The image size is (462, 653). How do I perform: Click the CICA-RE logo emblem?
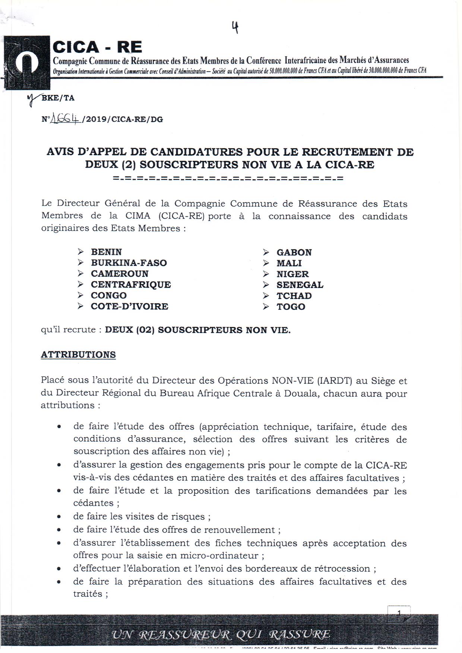point(26,62)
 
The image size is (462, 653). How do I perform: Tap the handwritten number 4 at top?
point(235,27)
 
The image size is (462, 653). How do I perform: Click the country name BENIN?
point(106,252)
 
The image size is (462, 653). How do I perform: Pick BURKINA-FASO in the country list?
point(129,263)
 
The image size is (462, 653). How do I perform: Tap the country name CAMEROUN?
point(120,273)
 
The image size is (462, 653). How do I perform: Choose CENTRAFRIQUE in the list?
point(131,284)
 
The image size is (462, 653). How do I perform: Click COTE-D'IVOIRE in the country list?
point(129,306)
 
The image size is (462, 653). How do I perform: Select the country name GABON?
point(294,252)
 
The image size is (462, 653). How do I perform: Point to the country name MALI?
point(289,263)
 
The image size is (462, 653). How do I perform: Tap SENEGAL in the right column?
point(300,285)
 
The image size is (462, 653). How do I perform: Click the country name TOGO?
point(291,307)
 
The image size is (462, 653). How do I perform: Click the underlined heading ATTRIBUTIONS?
point(78,354)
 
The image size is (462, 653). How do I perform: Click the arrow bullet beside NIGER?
point(266,274)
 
